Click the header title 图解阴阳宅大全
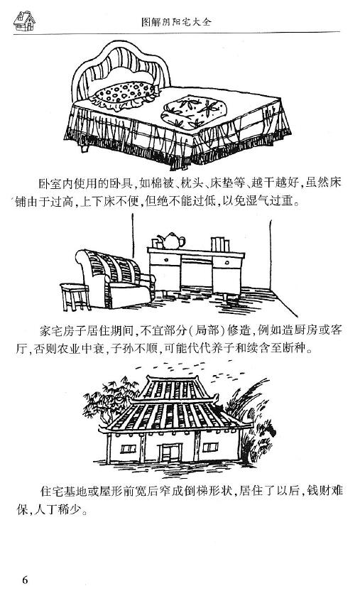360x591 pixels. (x=176, y=22)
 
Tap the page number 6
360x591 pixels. (x=25, y=579)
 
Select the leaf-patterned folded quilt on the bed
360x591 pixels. (x=194, y=112)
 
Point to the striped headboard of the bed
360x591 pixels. (x=121, y=68)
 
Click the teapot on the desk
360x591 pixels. (x=171, y=241)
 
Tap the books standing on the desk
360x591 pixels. (x=220, y=244)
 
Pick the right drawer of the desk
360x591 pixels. (x=227, y=262)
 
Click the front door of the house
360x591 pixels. (x=170, y=452)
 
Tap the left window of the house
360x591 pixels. (x=128, y=448)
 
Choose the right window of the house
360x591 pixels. (x=210, y=448)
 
